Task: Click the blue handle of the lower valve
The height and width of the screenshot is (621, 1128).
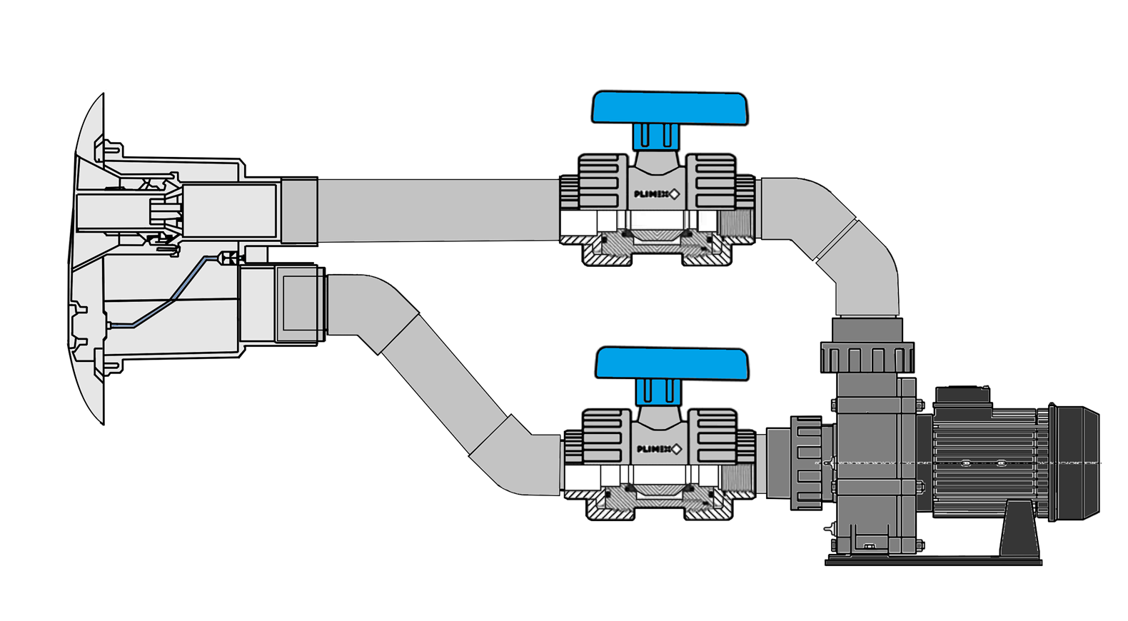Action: (x=672, y=363)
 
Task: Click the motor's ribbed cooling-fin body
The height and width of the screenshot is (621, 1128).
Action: (x=985, y=464)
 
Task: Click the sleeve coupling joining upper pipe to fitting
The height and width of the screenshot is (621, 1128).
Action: (x=299, y=211)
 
